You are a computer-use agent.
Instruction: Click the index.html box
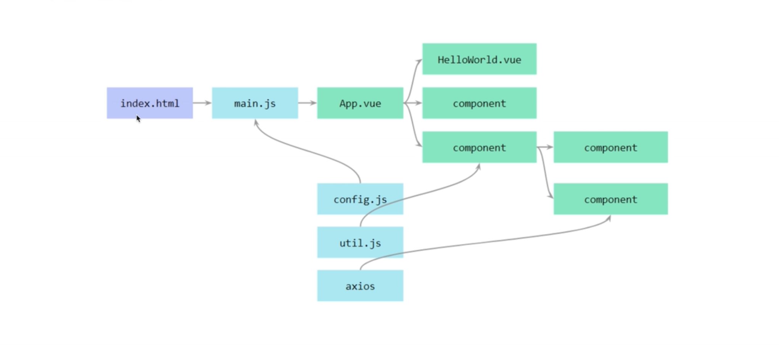point(150,103)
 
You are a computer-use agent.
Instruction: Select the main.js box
point(255,103)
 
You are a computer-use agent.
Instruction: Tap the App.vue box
point(360,103)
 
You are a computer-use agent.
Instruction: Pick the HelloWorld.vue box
point(479,59)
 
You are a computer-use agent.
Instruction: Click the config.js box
point(360,199)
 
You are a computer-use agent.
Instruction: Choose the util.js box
point(360,243)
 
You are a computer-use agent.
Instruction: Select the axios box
point(360,286)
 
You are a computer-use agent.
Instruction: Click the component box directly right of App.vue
point(479,103)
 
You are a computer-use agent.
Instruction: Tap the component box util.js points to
point(479,147)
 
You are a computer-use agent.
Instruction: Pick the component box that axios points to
point(610,199)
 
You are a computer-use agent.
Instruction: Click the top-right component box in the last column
point(610,147)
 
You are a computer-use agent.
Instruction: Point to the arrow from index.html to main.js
point(202,103)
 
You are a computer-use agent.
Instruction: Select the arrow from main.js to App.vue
point(307,103)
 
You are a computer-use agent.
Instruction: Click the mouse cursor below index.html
point(138,119)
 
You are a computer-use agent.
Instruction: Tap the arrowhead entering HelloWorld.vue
point(419,61)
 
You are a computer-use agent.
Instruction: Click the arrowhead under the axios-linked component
point(609,218)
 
